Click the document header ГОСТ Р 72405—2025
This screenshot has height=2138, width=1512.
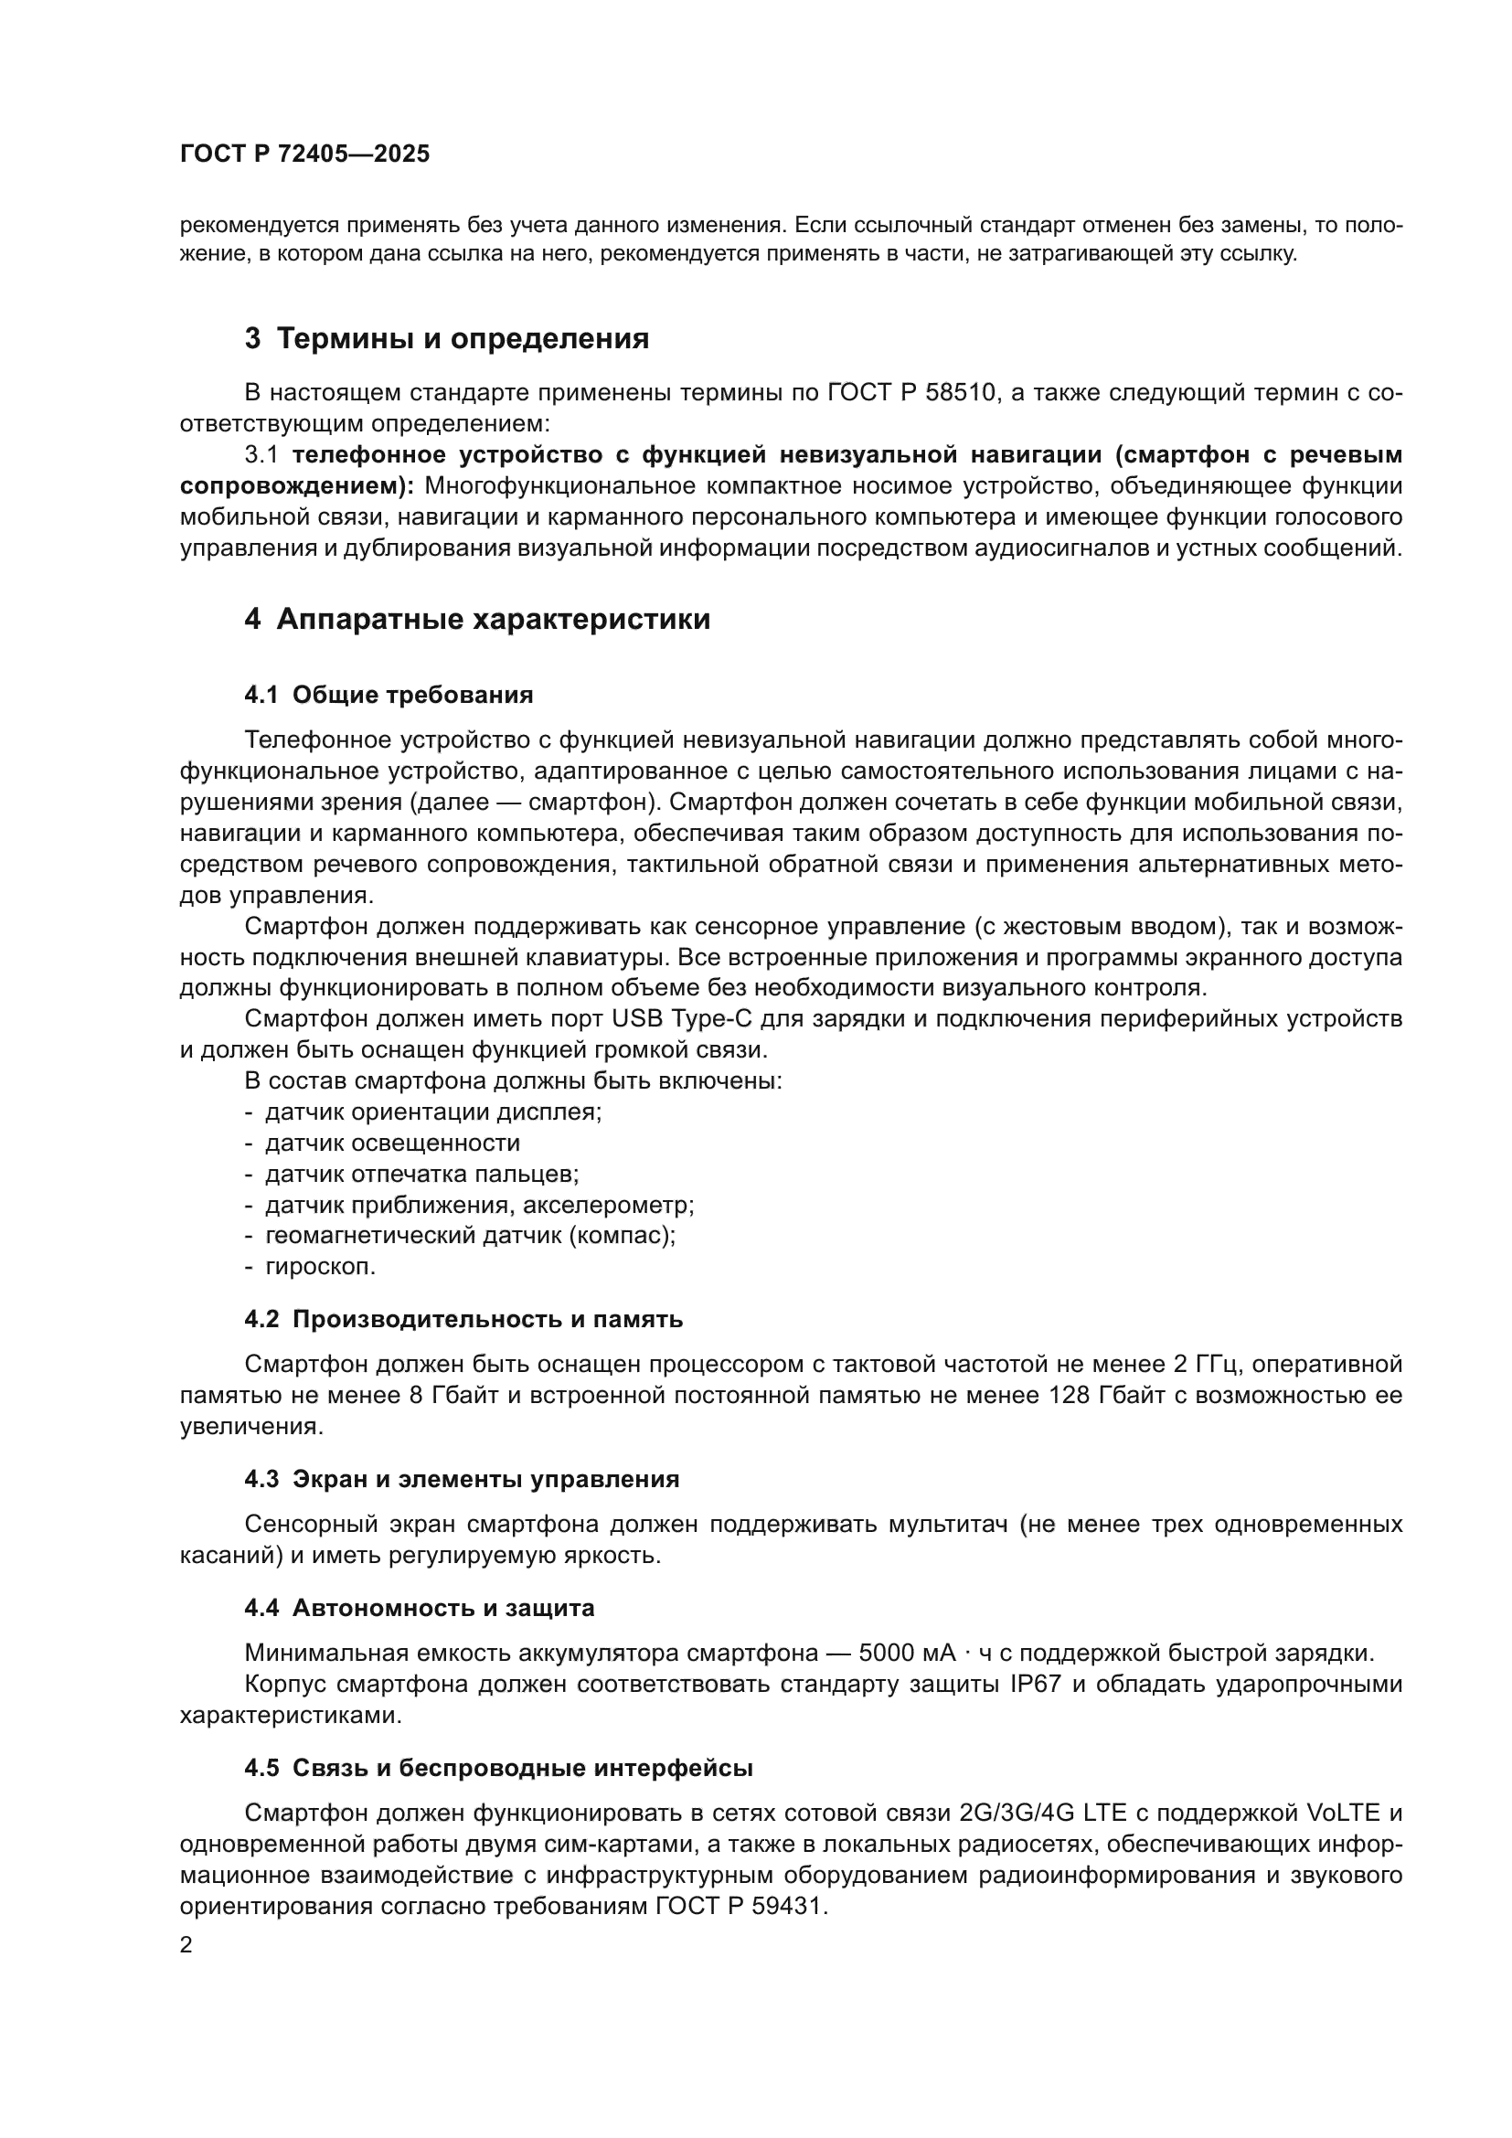304,154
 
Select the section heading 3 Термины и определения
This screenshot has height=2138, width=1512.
446,338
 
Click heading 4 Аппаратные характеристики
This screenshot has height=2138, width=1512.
476,619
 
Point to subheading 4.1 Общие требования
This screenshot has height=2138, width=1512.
389,695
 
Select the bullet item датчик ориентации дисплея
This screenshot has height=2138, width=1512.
433,1112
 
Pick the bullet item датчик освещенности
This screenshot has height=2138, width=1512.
392,1143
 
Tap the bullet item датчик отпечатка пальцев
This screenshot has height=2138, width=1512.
421,1175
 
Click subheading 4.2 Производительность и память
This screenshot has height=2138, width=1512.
463,1320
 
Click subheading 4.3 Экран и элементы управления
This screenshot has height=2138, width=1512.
461,1480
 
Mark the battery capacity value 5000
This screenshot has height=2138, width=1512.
886,1654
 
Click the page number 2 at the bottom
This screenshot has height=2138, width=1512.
186,1946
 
